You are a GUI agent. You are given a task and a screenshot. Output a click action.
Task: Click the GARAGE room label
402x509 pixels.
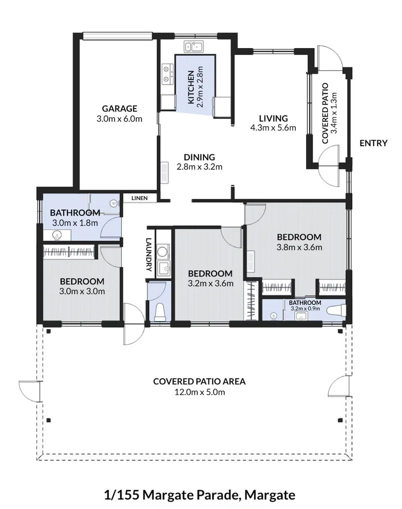tap(119, 109)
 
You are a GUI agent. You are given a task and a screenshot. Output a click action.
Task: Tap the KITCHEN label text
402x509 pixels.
tap(191, 87)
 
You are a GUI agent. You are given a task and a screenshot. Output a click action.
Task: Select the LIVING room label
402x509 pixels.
tap(273, 118)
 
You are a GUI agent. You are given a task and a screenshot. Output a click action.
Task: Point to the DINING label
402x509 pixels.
tap(199, 157)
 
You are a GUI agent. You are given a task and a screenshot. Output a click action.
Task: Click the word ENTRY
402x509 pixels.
tap(373, 143)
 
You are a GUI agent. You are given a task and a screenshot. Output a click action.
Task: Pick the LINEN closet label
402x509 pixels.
tap(139, 198)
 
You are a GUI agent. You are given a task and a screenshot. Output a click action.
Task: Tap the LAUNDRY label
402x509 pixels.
tap(149, 254)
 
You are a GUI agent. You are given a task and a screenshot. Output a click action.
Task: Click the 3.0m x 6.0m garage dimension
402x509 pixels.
tap(119, 119)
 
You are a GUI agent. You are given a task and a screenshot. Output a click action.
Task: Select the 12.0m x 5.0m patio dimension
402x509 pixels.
tap(199, 392)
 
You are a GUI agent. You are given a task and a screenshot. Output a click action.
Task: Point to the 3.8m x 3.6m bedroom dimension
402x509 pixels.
tap(299, 247)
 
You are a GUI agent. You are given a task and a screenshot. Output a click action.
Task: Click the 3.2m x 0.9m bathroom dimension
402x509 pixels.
tap(305, 309)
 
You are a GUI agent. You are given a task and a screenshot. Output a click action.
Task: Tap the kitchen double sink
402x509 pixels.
tap(193, 47)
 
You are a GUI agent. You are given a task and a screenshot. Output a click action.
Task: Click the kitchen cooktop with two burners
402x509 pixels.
tap(168, 74)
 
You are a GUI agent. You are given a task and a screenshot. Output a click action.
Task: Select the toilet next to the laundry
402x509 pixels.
tap(160, 312)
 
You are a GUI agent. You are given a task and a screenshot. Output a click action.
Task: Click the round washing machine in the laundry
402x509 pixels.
tap(162, 251)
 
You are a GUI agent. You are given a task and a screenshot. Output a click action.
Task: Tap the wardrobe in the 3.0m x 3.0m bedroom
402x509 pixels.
tap(69, 252)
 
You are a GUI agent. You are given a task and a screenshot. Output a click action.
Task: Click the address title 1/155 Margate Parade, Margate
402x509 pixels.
tap(199, 495)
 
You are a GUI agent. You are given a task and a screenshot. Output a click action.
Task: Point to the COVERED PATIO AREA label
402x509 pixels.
tap(199, 381)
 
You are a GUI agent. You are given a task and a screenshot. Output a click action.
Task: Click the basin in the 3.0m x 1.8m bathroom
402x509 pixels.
tap(57, 235)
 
